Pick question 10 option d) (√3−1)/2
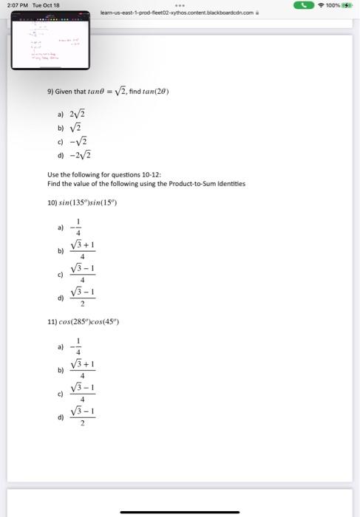click(x=82, y=298)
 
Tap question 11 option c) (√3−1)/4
click(x=82, y=394)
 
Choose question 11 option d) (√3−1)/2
click(x=82, y=417)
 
